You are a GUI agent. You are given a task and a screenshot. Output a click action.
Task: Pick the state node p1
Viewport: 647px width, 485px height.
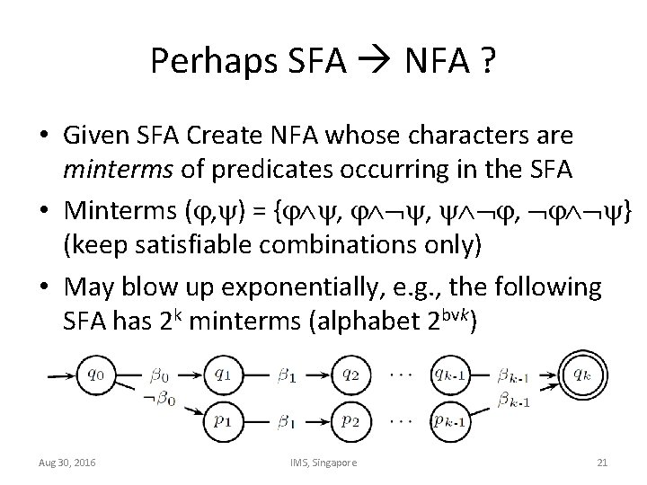(x=225, y=419)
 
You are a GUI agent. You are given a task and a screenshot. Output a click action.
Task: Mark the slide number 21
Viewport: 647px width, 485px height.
(x=602, y=462)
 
